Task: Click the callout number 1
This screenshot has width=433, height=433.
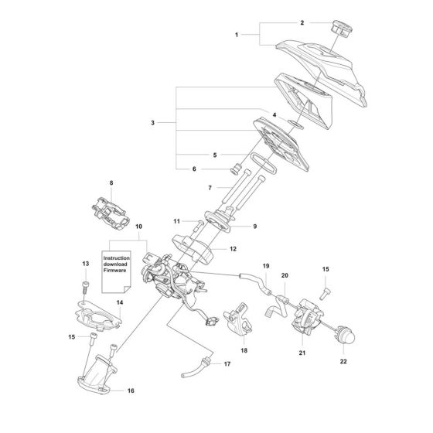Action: (238, 36)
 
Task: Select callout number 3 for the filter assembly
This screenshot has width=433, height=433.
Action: (153, 123)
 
